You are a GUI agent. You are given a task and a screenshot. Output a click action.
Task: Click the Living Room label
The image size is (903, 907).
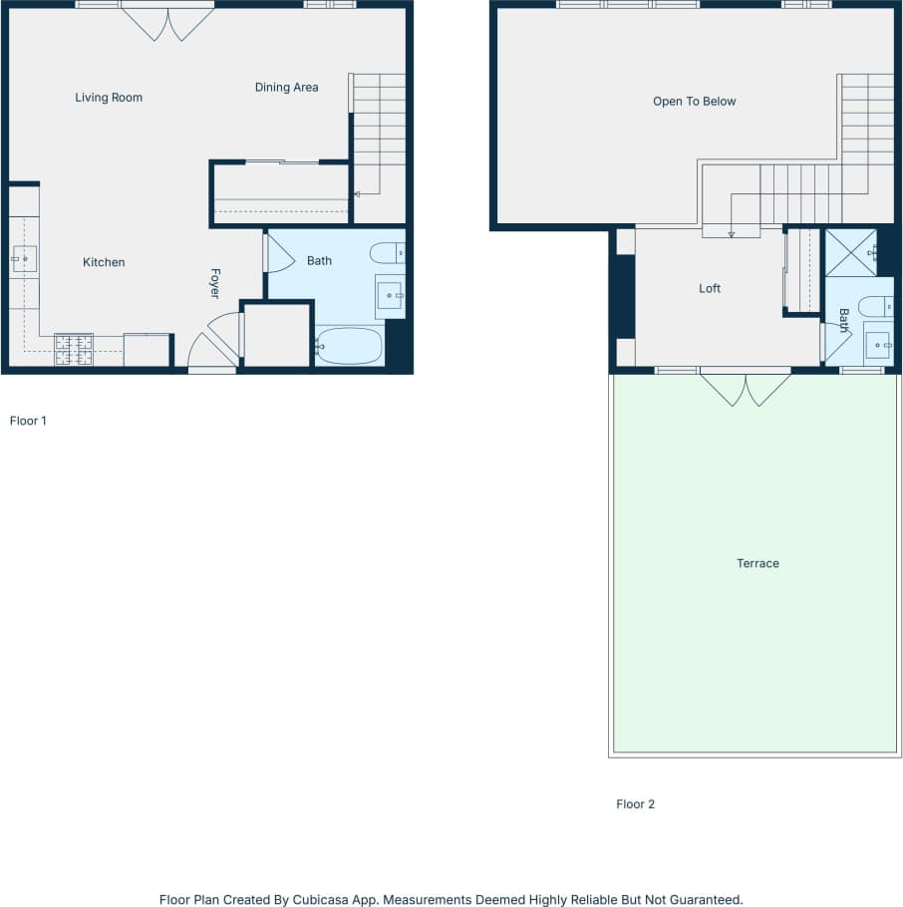[109, 98]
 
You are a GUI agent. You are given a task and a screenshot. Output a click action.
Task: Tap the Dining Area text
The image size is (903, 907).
[286, 88]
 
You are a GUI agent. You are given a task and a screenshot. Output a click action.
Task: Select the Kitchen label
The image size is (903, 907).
[104, 262]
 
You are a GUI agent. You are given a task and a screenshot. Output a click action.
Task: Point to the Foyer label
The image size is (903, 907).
[214, 283]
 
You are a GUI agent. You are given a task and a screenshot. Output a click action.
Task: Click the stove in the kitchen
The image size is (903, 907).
[74, 350]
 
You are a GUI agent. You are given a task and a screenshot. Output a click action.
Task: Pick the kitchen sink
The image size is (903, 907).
[24, 259]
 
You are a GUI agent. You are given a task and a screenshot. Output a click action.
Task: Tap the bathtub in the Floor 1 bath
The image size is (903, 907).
[350, 347]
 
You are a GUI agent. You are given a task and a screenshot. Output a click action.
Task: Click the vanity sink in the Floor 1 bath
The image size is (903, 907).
[390, 296]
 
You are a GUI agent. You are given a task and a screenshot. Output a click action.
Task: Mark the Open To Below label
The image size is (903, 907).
[694, 102]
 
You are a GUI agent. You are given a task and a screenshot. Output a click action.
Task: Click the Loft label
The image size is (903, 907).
[710, 289]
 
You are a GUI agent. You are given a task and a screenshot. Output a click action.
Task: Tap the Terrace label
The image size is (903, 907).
[757, 564]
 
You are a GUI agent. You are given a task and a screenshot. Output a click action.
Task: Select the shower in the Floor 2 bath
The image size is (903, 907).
[851, 252]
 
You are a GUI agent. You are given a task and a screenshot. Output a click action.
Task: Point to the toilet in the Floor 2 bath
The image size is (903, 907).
[875, 307]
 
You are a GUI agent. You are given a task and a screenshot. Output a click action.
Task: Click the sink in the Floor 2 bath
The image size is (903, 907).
[877, 345]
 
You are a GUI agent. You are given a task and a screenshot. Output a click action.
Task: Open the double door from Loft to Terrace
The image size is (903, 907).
[746, 388]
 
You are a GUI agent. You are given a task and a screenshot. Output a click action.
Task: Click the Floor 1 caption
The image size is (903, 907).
[28, 421]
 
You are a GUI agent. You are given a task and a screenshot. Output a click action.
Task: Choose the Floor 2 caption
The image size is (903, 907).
[635, 804]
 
